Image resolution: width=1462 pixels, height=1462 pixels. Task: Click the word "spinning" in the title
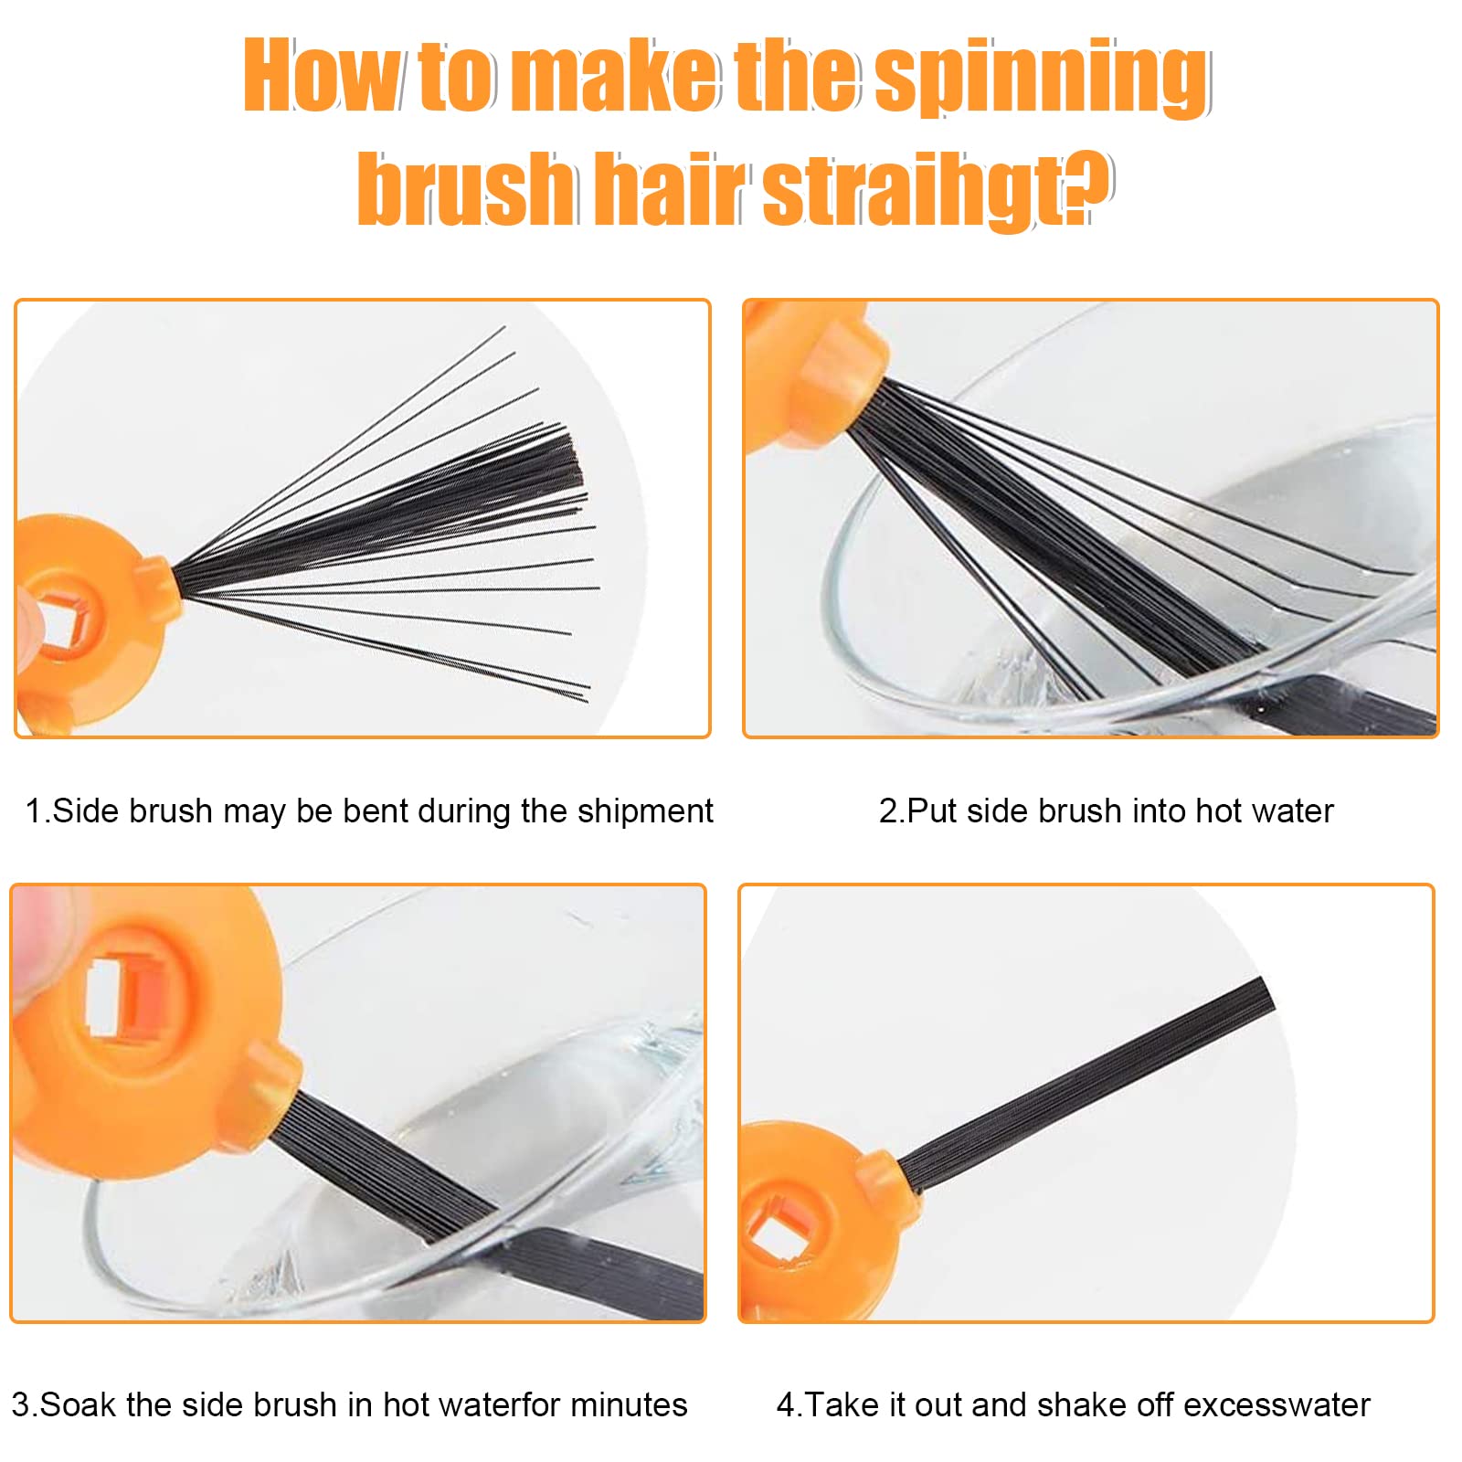[1043, 78]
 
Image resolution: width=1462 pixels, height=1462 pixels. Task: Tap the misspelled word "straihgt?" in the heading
[937, 189]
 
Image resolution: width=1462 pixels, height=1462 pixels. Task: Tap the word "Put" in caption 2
[932, 810]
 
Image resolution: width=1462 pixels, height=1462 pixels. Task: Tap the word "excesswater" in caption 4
[1277, 1404]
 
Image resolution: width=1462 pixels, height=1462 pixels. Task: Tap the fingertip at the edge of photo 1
[26, 621]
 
